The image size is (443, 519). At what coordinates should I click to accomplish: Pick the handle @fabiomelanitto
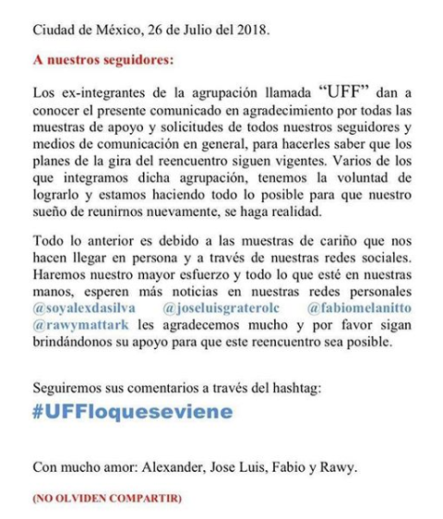[359, 304]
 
